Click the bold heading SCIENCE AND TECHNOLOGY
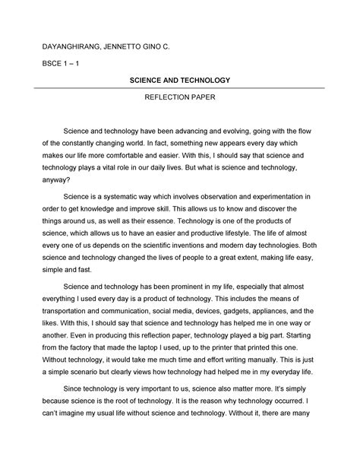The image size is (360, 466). pos(179,80)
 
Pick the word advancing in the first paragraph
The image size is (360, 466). pos(204,132)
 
